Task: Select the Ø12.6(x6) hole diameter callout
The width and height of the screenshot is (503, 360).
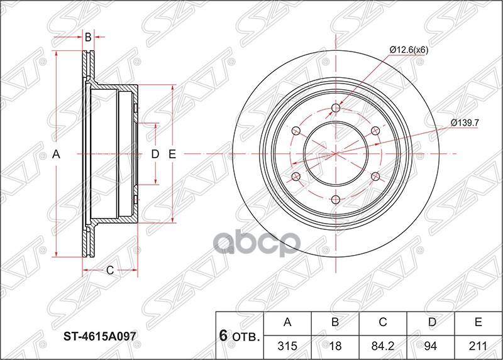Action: [408, 50]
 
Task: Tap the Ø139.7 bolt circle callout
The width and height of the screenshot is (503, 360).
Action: [465, 123]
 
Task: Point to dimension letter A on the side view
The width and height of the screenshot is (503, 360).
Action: [55, 154]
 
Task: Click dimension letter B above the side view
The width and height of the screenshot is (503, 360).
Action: [88, 38]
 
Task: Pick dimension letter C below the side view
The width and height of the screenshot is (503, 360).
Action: [109, 271]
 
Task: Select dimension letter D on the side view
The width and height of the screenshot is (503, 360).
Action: [155, 154]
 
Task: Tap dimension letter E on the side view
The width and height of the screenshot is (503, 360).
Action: [172, 154]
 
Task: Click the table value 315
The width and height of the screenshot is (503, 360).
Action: [287, 346]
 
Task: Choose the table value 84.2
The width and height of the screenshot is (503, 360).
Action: [382, 346]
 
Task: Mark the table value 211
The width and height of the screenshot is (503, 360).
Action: [478, 346]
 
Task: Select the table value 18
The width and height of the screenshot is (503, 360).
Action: [335, 346]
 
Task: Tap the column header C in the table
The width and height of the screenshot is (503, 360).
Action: [382, 323]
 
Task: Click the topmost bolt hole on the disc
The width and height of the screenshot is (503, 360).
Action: [335, 108]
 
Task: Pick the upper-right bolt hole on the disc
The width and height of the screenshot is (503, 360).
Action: [375, 131]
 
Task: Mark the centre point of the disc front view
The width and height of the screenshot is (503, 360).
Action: [335, 154]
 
